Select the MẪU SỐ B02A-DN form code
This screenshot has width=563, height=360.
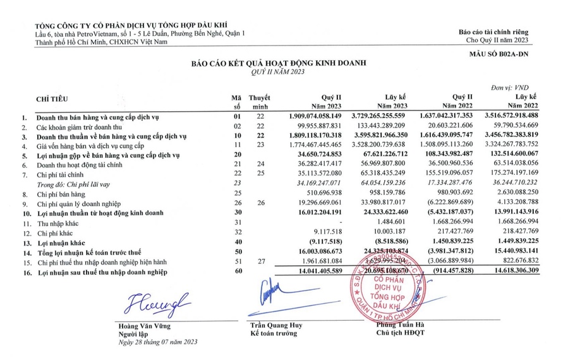point(499,54)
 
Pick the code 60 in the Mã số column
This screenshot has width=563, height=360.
point(238,271)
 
